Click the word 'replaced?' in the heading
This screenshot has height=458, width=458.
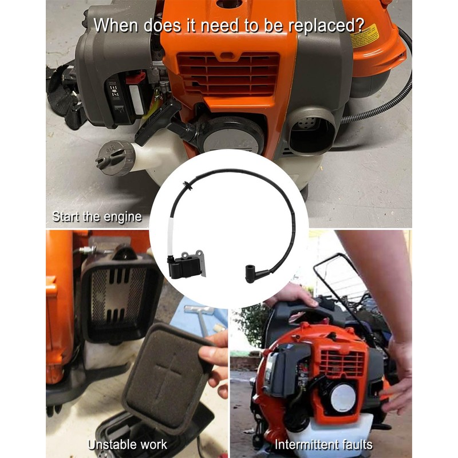coord(326,26)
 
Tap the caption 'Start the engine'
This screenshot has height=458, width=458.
coord(97,217)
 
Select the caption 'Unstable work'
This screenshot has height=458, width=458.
coord(128,444)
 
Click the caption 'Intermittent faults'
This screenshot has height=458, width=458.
coord(323,444)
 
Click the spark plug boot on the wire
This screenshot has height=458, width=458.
coord(254,273)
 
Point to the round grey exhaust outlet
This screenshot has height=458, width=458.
coord(311,131)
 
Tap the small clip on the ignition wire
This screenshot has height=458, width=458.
coord(187,185)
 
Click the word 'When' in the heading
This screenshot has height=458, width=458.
coord(116,26)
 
